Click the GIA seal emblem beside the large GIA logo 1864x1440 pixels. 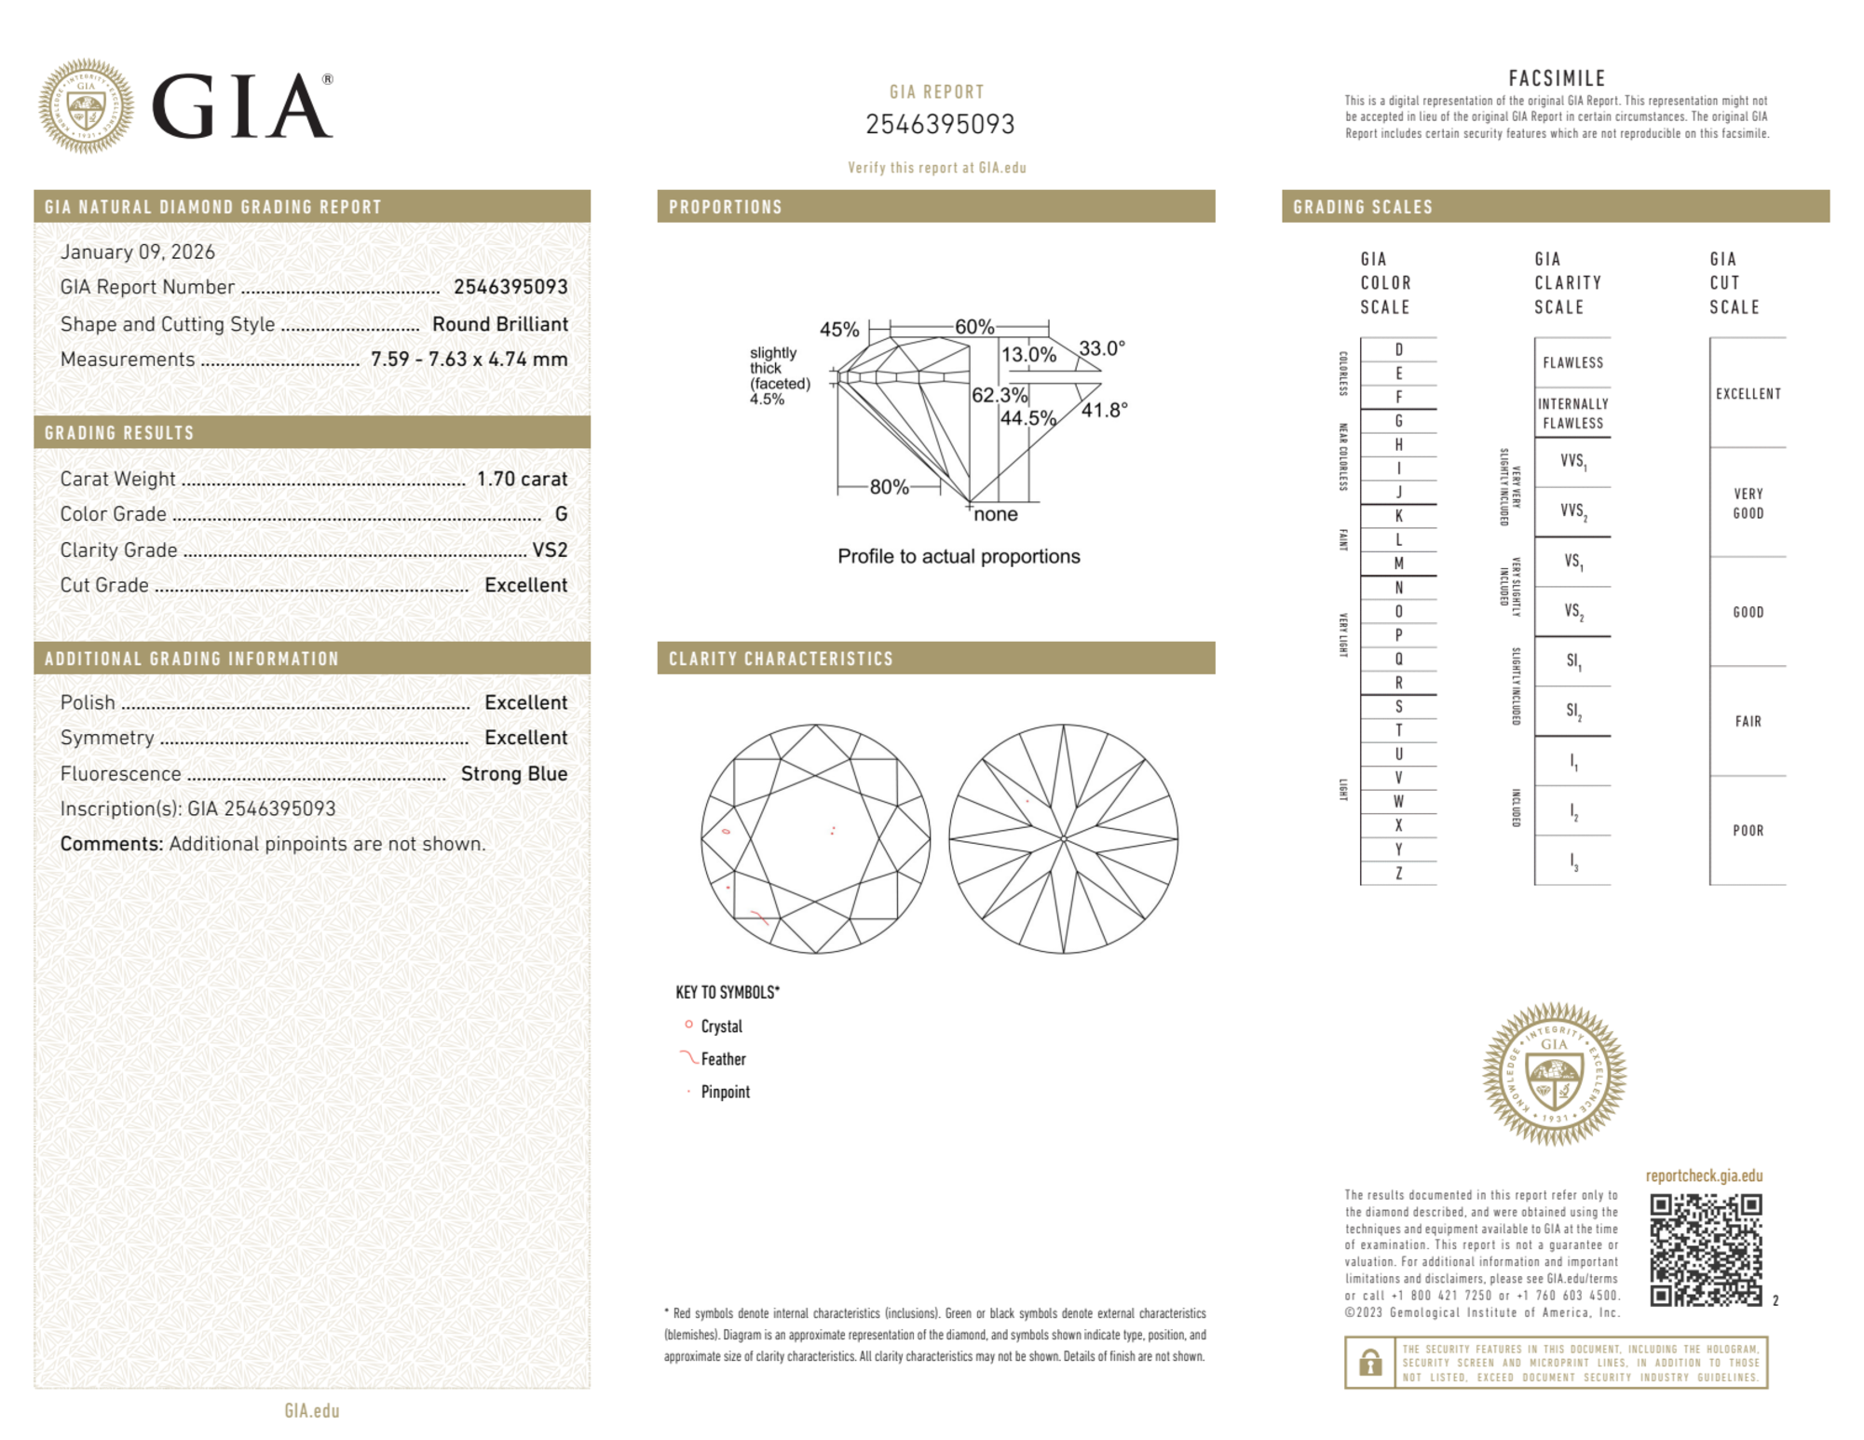point(86,106)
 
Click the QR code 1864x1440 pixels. point(1705,1250)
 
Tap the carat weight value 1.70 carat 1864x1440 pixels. point(522,479)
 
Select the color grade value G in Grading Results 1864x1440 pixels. point(561,514)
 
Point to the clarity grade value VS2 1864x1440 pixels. point(550,550)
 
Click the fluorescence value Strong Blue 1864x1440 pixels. point(513,773)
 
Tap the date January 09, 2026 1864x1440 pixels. point(138,251)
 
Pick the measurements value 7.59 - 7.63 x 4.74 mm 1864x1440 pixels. point(469,360)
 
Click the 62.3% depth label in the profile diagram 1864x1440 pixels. point(999,395)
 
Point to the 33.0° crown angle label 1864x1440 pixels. point(1102,348)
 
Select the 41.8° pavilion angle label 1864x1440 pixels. point(1104,410)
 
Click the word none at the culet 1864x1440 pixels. point(996,514)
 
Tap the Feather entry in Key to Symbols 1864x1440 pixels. point(723,1059)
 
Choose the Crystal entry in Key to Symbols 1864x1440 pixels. point(721,1026)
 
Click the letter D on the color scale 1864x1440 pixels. point(1398,349)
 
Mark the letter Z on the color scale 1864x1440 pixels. point(1398,873)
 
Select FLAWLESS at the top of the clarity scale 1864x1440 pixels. point(1572,362)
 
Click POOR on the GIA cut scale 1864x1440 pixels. point(1748,830)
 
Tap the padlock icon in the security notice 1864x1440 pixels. point(1369,1363)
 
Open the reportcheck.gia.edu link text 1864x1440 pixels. point(1704,1175)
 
